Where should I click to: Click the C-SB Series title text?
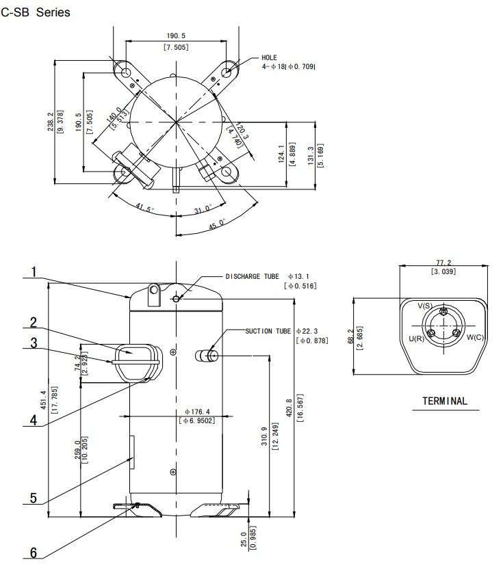tap(36, 12)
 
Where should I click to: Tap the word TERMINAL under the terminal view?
tap(445, 401)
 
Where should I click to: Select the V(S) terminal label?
tap(425, 306)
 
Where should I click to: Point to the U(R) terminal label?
tap(416, 338)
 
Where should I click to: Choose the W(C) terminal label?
tap(475, 337)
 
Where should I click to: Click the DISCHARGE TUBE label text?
tap(253, 276)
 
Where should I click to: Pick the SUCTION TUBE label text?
tap(268, 331)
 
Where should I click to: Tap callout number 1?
tap(34, 271)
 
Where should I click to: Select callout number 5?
tap(34, 498)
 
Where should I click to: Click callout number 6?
tap(34, 552)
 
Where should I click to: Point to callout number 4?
tap(34, 420)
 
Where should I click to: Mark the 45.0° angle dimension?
tap(217, 224)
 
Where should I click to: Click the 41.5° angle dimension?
tap(144, 208)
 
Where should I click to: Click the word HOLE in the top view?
tap(269, 57)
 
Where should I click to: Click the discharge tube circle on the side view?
tap(177, 299)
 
